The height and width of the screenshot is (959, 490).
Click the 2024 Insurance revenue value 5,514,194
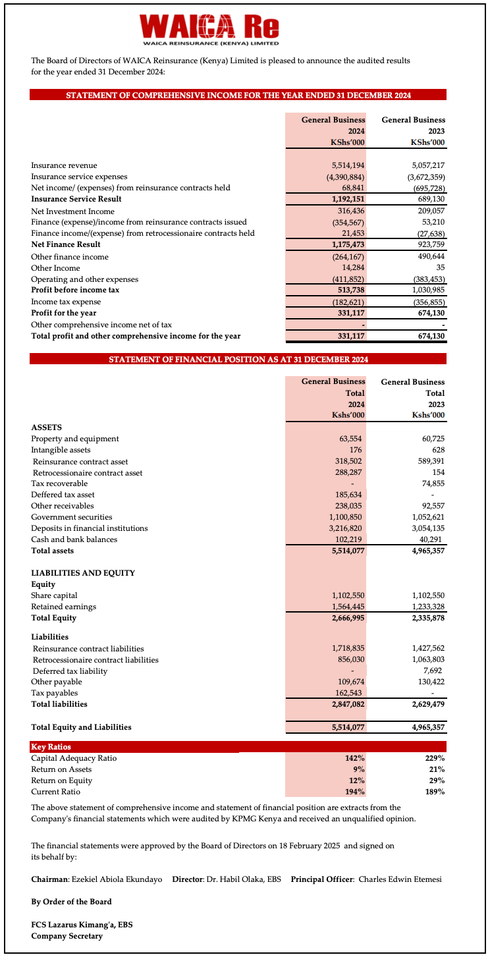click(348, 166)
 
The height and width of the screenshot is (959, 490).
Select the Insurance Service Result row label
click(76, 200)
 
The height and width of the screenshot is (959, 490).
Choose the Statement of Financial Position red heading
click(238, 360)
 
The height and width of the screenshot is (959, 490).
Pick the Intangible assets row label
click(61, 450)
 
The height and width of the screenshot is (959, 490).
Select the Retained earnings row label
click(63, 607)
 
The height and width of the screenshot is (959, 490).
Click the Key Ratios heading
click(51, 747)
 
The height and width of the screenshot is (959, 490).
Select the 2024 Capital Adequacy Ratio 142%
click(355, 758)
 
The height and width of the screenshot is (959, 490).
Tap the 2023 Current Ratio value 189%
click(435, 792)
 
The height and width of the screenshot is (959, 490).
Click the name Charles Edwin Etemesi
click(400, 879)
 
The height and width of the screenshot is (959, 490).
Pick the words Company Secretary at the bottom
click(67, 936)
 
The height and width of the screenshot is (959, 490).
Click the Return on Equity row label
click(61, 781)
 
